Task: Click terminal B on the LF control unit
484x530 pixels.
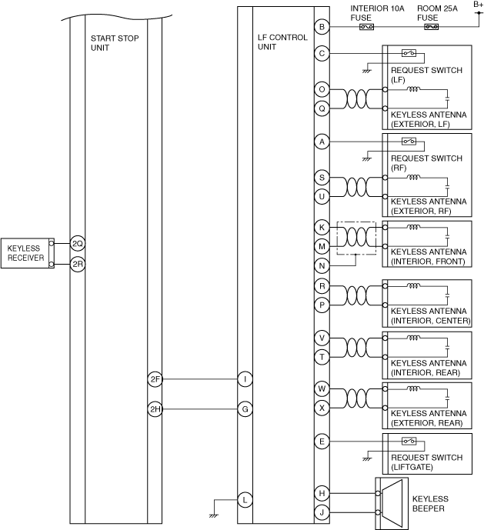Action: (322, 28)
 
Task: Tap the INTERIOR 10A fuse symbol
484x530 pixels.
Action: (367, 28)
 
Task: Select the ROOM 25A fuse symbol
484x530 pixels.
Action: (431, 28)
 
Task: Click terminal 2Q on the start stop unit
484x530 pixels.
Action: (77, 244)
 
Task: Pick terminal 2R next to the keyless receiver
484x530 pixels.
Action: (77, 264)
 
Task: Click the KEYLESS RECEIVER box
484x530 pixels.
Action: (26, 253)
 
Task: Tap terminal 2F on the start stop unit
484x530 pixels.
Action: (155, 378)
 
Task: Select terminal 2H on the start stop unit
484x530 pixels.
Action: (155, 409)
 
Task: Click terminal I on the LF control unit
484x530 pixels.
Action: (245, 378)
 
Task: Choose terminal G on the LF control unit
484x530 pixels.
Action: (245, 409)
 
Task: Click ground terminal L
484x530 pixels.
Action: (245, 499)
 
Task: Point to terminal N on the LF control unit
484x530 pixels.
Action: (322, 265)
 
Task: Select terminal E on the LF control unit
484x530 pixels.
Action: (322, 442)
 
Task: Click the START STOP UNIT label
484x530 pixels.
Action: (115, 42)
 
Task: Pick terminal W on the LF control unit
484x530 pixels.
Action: (322, 388)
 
